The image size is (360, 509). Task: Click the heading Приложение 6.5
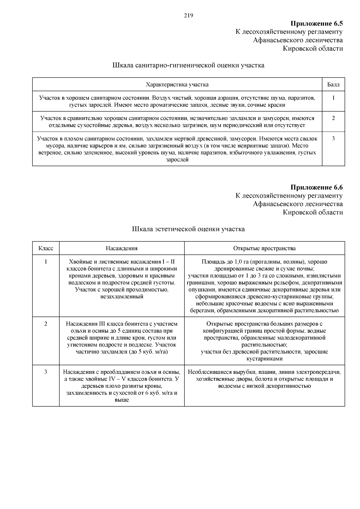[316, 23]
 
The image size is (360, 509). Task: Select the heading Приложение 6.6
[316, 187]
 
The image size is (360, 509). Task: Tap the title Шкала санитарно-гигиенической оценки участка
[188, 65]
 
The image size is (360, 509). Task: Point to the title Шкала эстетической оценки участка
[188, 229]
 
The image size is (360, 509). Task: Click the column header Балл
[333, 85]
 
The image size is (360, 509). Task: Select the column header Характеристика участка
[177, 85]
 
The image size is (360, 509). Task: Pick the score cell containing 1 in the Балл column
[333, 98]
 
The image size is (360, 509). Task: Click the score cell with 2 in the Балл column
[333, 118]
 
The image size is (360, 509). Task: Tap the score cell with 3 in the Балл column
[333, 139]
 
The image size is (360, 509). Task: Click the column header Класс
[46, 248]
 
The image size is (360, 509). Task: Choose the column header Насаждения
[121, 248]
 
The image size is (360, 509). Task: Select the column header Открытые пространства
[264, 248]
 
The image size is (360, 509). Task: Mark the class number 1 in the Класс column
[46, 262]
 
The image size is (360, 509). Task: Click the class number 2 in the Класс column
[46, 324]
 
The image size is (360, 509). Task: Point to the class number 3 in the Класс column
[46, 372]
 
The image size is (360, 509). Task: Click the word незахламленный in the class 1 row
[121, 297]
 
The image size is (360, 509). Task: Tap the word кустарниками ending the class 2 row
[264, 359]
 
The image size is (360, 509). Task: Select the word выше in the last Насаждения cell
[121, 400]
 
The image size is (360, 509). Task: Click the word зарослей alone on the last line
[177, 160]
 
